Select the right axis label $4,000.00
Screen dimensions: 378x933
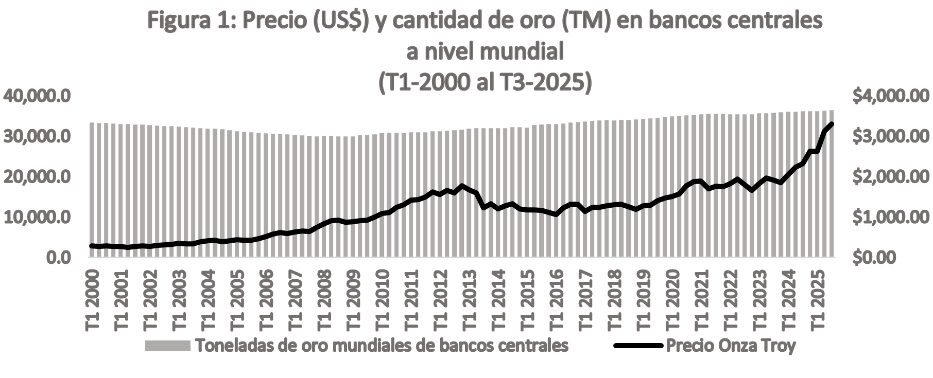891,96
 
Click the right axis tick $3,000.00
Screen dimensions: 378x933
891,137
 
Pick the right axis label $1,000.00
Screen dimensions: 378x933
891,218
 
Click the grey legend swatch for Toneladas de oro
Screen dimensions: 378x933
167,346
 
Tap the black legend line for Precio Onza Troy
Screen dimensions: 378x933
637,346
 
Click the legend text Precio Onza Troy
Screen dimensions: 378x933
731,346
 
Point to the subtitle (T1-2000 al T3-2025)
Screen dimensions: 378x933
485,82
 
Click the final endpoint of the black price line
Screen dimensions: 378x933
832,124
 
